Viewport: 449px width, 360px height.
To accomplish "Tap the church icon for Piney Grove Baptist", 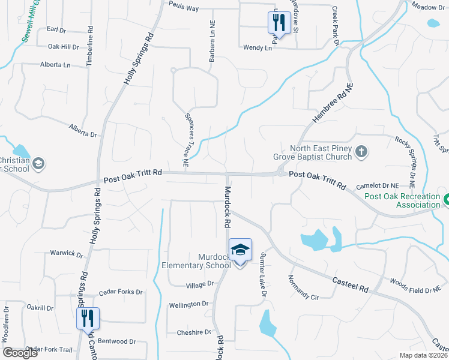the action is click(361, 152).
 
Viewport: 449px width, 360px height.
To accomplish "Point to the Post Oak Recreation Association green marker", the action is click(445, 199).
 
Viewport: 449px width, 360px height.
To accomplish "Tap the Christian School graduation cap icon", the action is click(38, 163).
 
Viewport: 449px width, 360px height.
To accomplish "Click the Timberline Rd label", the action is click(89, 44).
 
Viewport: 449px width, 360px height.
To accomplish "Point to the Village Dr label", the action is click(200, 283).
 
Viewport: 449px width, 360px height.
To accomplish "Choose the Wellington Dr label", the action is click(188, 304).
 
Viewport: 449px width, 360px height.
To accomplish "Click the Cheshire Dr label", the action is click(194, 332).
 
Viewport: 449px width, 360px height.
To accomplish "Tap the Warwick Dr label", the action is click(66, 254).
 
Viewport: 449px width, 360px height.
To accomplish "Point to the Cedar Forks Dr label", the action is click(121, 292).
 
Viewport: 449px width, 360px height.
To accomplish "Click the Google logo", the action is click(20, 353).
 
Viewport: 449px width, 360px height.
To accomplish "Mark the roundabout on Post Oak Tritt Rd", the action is click(281, 173).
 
